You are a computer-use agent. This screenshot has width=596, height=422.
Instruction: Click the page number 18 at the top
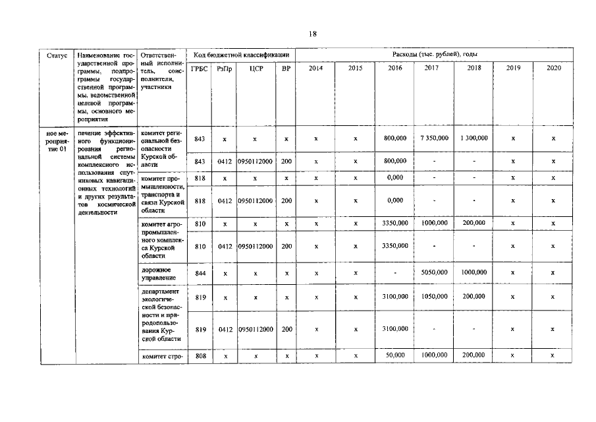tap(313, 34)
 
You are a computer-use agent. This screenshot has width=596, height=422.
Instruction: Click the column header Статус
tap(57, 56)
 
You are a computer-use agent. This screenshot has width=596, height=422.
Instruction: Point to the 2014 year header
tap(316, 69)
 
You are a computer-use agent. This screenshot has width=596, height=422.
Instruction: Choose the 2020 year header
tap(553, 69)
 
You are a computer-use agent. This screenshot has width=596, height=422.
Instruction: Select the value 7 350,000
tap(434, 138)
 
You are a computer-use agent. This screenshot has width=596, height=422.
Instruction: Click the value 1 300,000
tap(474, 138)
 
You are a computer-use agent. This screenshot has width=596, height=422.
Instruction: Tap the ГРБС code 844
tap(200, 272)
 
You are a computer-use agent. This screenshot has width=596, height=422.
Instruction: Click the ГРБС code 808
tap(200, 355)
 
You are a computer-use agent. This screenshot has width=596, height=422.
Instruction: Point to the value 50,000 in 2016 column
tap(395, 355)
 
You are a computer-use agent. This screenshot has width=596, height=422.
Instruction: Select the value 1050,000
tap(434, 297)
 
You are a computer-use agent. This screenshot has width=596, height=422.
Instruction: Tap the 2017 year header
tap(432, 69)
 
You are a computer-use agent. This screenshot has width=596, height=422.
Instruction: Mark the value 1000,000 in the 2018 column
tap(474, 272)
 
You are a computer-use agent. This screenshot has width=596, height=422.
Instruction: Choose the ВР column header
tap(286, 69)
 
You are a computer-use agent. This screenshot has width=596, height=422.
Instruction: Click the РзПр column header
tap(225, 69)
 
